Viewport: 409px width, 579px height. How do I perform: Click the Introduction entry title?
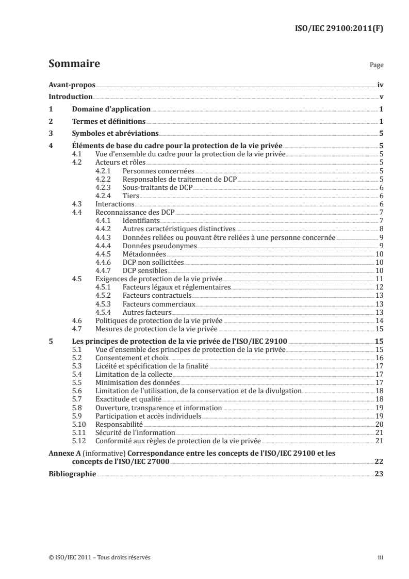click(70, 97)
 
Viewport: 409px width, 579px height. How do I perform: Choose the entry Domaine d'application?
click(111, 109)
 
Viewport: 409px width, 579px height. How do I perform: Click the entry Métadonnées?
click(144, 254)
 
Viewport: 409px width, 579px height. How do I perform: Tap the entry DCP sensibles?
click(145, 270)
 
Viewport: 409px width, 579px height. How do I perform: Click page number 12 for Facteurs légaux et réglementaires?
click(379, 287)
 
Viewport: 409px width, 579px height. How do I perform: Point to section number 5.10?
click(77, 423)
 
